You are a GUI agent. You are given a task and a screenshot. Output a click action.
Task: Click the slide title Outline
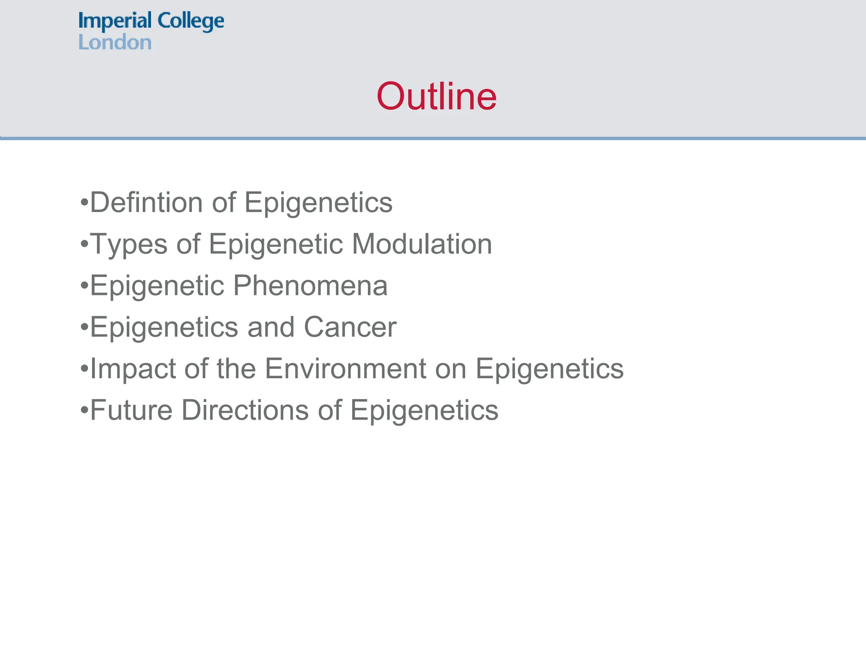436,97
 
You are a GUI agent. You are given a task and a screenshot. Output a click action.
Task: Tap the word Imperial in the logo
115,21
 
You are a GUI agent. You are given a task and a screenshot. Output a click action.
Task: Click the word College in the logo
190,21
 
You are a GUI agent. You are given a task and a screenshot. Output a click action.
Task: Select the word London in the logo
115,43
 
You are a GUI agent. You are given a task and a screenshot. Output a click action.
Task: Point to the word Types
129,244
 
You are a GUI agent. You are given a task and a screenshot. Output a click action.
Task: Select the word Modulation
422,244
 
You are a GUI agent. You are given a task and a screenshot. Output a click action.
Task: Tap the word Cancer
350,327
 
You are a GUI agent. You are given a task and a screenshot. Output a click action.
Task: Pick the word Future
132,410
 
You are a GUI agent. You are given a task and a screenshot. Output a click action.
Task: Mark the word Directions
245,410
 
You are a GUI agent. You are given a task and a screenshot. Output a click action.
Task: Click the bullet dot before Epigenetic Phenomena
84,286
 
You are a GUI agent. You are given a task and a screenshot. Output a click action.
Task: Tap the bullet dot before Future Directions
84,410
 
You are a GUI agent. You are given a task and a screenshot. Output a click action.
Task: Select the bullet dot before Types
84,244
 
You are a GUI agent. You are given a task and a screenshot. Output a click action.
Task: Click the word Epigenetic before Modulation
276,244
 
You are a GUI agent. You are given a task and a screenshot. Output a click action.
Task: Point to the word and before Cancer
271,327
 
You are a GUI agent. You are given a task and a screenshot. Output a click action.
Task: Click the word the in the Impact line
236,368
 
